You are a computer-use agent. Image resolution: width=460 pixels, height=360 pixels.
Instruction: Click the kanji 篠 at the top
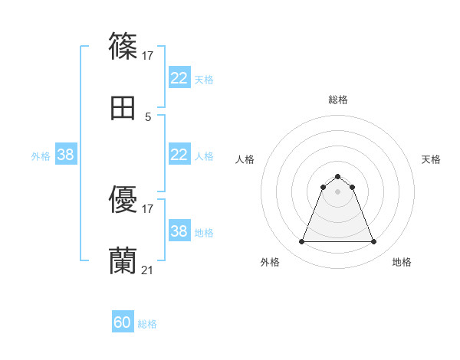coord(123,47)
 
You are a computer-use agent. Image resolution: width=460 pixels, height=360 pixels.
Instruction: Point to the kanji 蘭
coord(123,261)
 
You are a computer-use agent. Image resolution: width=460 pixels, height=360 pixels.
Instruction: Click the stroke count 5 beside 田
coord(148,116)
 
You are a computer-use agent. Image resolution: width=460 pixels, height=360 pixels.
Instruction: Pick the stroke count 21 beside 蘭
coord(148,270)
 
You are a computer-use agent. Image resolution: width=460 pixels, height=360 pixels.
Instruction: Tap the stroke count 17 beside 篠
coord(148,55)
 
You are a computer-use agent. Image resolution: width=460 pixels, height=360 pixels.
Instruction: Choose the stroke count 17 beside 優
coord(148,208)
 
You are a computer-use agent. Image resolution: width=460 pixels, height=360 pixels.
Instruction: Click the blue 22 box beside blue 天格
coord(179,78)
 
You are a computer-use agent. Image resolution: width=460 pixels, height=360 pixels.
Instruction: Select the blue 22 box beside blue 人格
coord(179,155)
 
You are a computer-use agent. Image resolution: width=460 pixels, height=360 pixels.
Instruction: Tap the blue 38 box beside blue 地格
coord(179,231)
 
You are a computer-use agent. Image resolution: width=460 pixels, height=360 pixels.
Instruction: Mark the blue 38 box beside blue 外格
coord(66,155)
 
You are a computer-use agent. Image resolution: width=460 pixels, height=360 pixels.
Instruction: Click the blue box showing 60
coord(123,323)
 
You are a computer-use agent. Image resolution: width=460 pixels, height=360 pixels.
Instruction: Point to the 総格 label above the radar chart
coord(338,100)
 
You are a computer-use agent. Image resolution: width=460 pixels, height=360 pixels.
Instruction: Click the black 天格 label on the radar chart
coord(431,159)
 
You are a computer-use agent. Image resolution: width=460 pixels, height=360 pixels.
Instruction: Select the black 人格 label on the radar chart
coord(245,159)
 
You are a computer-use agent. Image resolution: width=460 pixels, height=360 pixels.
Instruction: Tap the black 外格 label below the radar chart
coord(270,263)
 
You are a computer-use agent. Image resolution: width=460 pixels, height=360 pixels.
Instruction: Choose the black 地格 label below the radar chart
coord(402,263)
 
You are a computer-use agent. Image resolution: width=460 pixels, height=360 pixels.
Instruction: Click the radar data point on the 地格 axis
coord(373,242)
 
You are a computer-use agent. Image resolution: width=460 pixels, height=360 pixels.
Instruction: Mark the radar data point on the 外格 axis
coord(301,242)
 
